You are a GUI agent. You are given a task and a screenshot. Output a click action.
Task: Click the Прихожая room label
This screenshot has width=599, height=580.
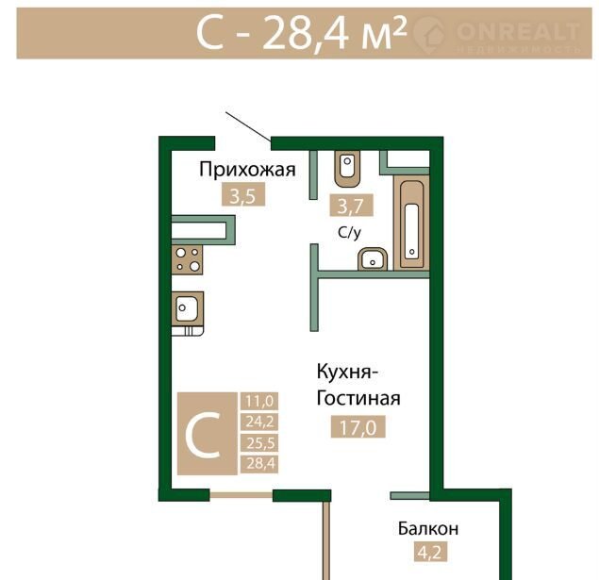(x=247, y=170)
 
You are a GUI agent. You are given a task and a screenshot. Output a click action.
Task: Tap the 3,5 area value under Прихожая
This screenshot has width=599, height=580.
(x=243, y=197)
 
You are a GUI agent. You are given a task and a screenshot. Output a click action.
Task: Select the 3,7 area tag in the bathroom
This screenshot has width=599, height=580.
(x=351, y=207)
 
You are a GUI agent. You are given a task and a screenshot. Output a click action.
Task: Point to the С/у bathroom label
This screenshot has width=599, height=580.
(x=350, y=233)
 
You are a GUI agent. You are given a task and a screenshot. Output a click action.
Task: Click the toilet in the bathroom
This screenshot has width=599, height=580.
(x=347, y=169)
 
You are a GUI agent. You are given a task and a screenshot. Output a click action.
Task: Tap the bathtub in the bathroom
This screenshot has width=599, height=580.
(x=411, y=224)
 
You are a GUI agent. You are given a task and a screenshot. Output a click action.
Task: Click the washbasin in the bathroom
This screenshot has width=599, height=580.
(x=373, y=259)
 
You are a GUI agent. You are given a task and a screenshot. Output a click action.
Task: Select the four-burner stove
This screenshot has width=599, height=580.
(x=187, y=259)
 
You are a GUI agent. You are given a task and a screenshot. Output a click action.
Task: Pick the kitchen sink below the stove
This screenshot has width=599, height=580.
(x=187, y=309)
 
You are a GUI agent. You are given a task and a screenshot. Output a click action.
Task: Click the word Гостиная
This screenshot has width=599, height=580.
(x=358, y=398)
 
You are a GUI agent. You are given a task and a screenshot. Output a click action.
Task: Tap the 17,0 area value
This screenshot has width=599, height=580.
(x=358, y=427)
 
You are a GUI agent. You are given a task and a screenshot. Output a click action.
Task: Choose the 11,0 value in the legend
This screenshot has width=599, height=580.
(x=259, y=402)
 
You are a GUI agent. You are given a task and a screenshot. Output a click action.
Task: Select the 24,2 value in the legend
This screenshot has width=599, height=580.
(x=259, y=422)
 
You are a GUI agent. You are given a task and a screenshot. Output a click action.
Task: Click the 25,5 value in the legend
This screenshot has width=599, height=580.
(x=259, y=443)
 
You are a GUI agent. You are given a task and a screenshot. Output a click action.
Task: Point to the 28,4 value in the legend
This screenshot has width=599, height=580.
(x=259, y=464)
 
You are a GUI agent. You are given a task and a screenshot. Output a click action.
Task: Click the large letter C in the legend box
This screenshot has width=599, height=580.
(x=203, y=436)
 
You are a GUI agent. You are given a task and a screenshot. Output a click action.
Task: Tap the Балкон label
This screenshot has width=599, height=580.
(x=428, y=529)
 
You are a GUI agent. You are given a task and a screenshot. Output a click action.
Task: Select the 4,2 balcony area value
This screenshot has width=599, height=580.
(x=430, y=553)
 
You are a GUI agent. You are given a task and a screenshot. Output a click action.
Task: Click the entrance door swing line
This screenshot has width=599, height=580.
(x=248, y=126)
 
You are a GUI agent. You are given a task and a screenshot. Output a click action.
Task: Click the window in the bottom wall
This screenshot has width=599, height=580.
(x=241, y=495)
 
